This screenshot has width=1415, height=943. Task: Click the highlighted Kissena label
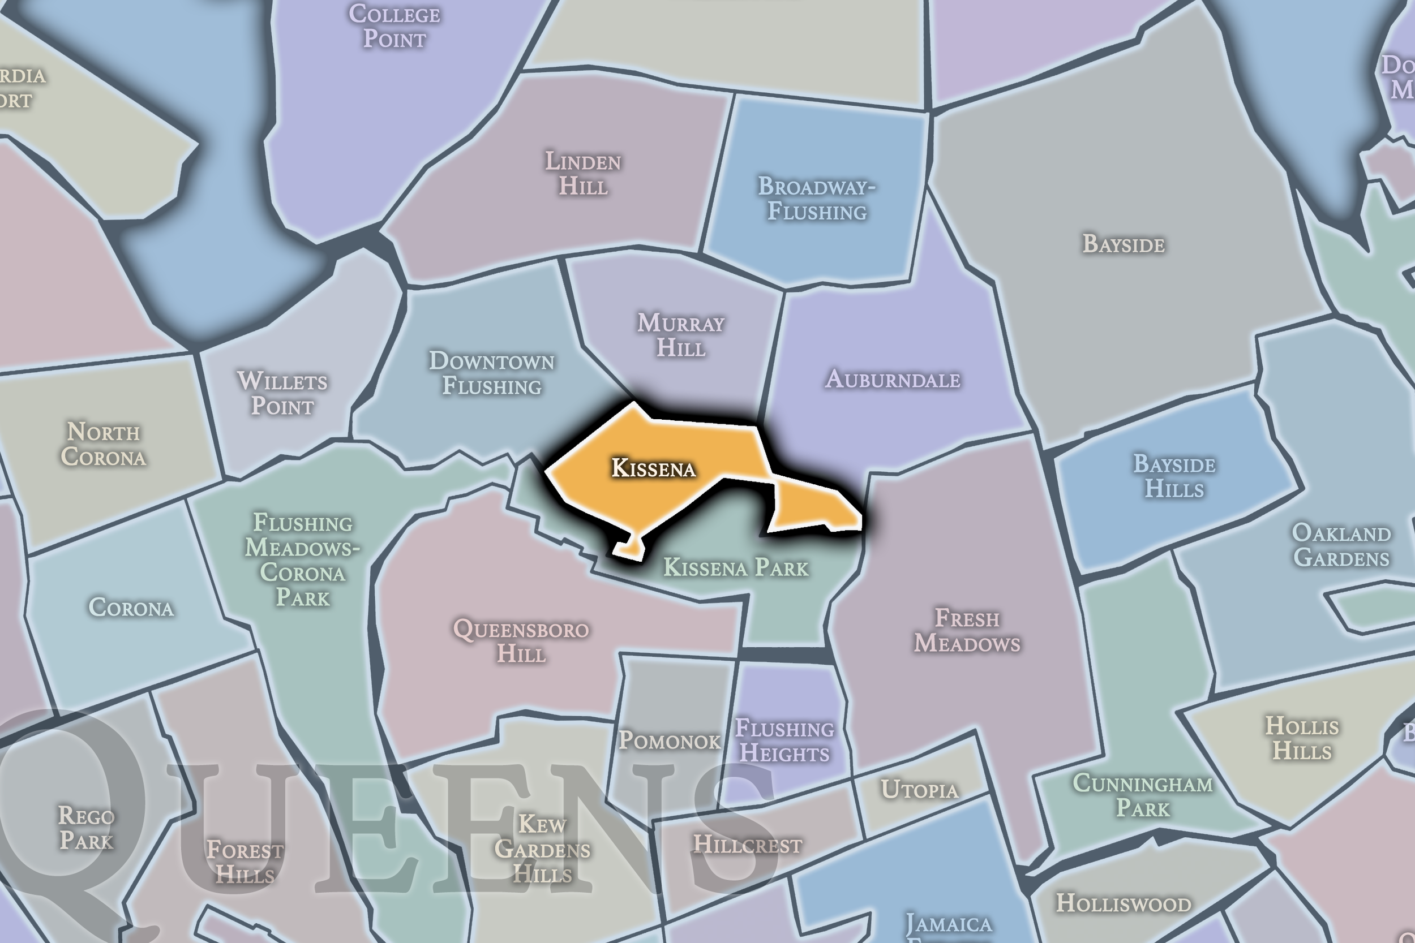tap(653, 468)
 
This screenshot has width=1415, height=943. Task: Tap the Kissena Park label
tap(736, 568)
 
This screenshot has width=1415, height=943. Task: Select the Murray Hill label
tap(680, 335)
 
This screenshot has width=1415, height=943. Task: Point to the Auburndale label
tap(893, 380)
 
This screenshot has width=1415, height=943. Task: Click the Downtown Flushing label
tap(491, 373)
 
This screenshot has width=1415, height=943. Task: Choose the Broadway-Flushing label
tap(816, 199)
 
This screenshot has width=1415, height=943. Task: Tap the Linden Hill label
tap(583, 173)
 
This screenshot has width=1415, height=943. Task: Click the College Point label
tap(395, 27)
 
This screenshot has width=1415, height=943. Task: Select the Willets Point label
tap(282, 393)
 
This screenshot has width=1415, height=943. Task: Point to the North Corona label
tap(104, 445)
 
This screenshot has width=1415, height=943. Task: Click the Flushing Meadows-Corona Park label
tap(303, 560)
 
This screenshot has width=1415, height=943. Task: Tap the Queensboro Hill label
tap(521, 641)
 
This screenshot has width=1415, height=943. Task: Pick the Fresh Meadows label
tap(967, 630)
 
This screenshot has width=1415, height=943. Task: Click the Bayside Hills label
tap(1174, 476)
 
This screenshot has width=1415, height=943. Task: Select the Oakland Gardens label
tap(1341, 545)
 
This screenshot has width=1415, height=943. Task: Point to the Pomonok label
tap(670, 741)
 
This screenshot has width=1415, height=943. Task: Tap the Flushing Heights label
tap(784, 741)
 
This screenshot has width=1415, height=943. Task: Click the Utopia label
tap(919, 790)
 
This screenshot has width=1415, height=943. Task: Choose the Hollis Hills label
tap(1302, 739)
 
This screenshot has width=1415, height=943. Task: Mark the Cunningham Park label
tap(1142, 796)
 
